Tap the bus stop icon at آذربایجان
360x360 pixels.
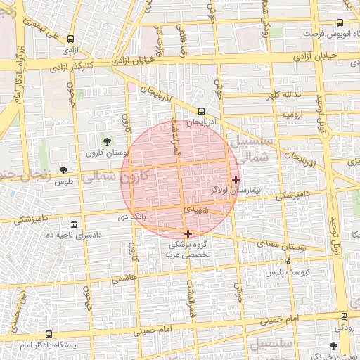202,111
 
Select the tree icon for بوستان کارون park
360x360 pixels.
107,142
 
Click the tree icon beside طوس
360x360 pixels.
64,170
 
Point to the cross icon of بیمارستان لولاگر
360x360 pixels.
236,179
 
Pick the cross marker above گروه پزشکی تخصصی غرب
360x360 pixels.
188,233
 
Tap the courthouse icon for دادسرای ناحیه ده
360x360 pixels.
74,223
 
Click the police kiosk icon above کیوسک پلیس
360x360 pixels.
287,261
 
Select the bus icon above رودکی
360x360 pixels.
343,318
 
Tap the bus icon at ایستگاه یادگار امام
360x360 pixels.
49,335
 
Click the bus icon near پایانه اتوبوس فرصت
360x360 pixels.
340,23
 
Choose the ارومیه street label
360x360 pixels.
292,113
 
